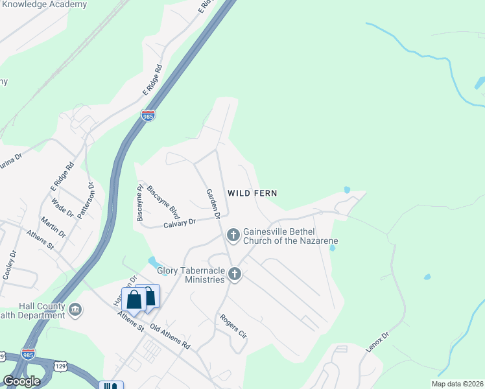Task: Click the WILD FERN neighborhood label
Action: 252,193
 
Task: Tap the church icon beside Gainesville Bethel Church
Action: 233,234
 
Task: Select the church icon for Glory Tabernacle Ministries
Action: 235,275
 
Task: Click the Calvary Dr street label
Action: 179,223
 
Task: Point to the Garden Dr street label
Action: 213,202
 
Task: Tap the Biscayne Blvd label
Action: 163,200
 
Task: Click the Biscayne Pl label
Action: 140,204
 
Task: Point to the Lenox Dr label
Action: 376,342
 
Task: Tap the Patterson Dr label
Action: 84,201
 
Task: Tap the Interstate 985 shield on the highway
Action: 148,116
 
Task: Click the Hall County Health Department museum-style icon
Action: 76,309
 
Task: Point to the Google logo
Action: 21,381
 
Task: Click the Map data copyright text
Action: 456,384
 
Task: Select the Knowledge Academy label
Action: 43,5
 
